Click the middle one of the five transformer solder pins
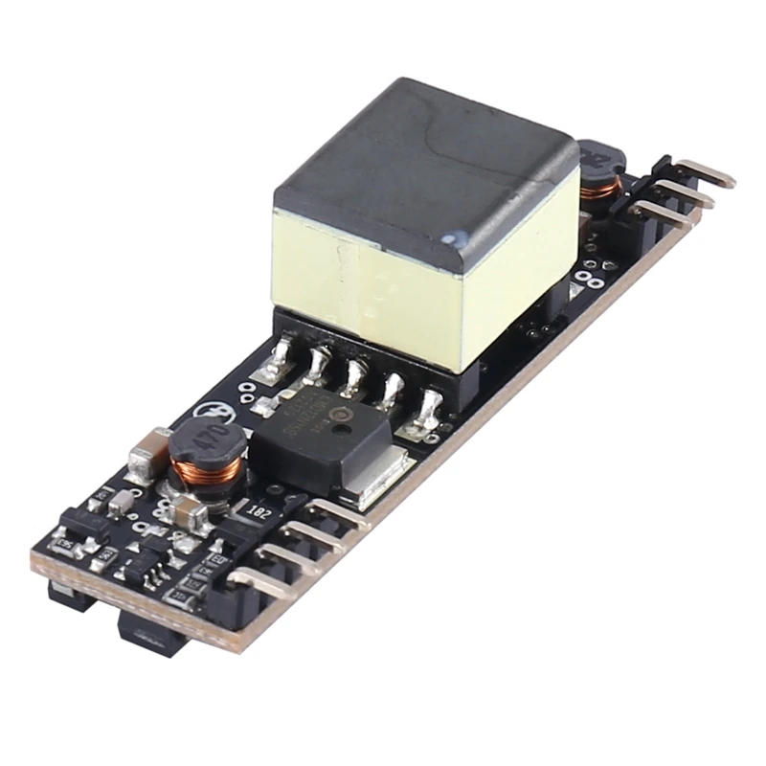pyautogui.click(x=354, y=378)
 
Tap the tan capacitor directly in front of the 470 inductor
pyautogui.click(x=191, y=517)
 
